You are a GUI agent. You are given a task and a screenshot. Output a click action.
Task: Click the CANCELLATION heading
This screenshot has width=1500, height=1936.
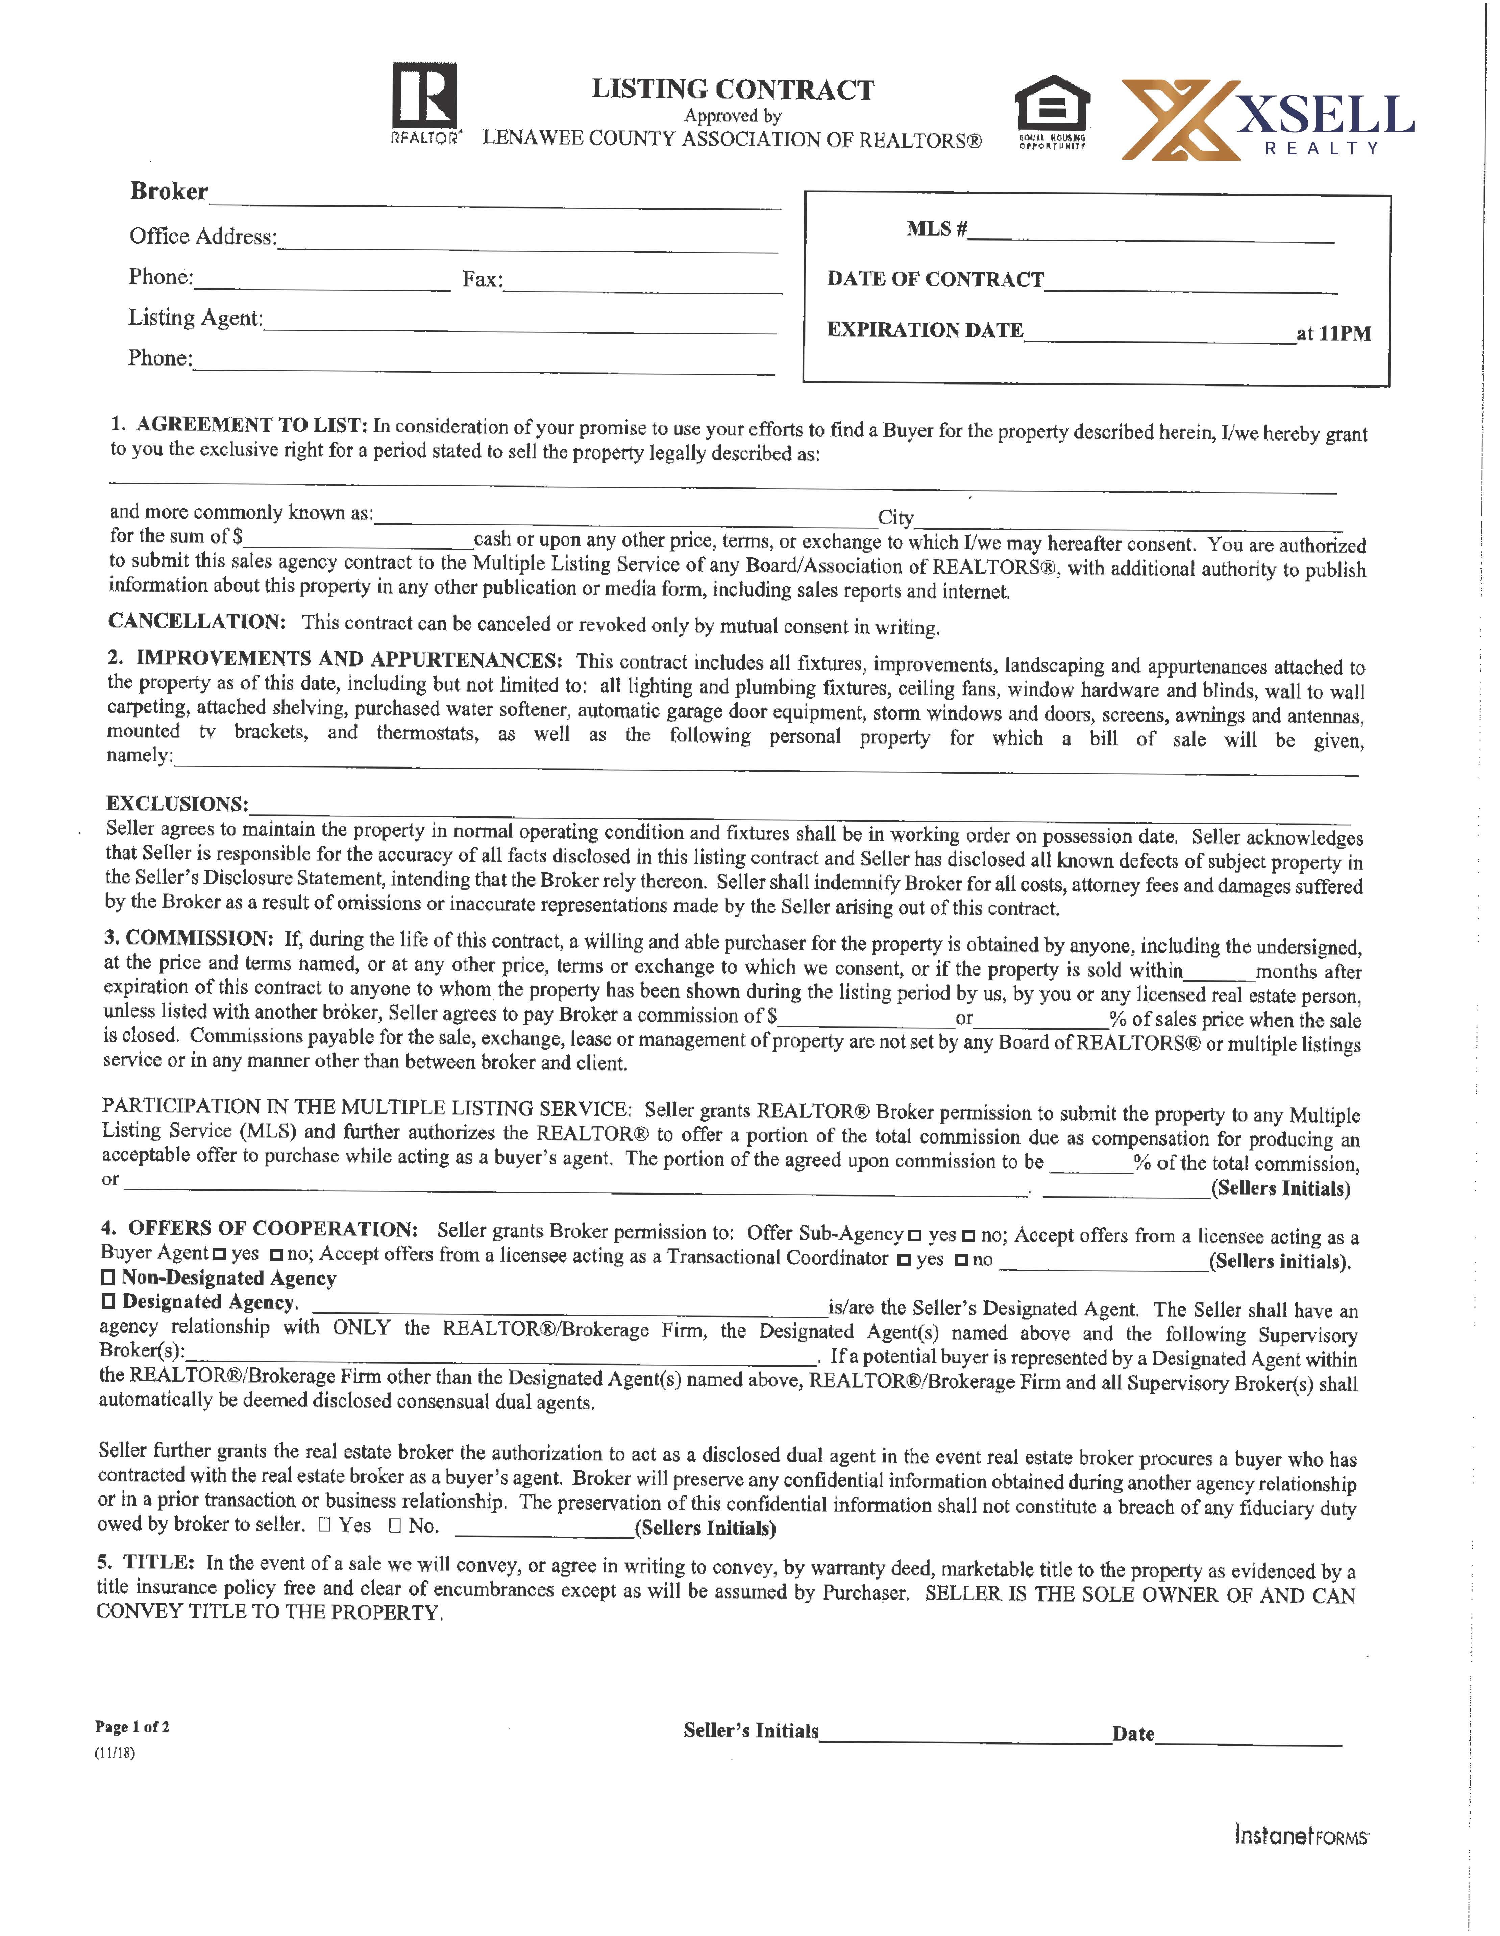(x=196, y=621)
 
